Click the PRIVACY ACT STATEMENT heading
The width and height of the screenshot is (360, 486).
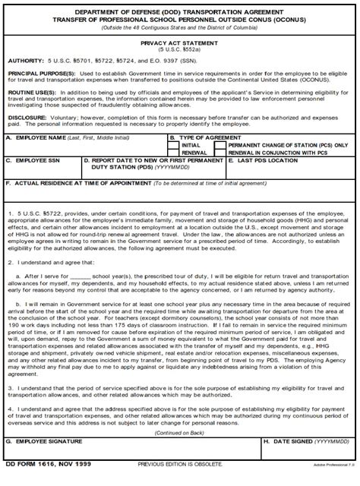[179, 45]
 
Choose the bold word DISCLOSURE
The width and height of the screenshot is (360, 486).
[28, 118]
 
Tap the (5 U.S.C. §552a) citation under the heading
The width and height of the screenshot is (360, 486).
[179, 52]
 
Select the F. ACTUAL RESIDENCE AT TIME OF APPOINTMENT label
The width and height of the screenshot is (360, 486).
[77, 183]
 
